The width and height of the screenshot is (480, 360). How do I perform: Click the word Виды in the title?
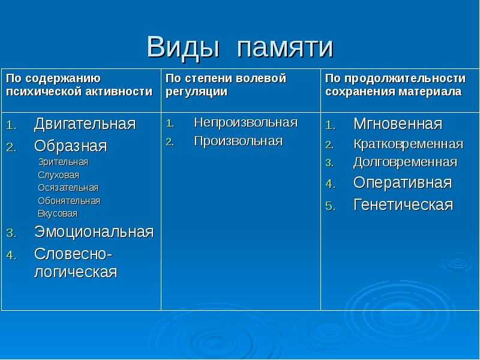pyautogui.click(x=183, y=47)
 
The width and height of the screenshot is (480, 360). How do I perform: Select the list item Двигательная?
pyautogui.click(x=85, y=124)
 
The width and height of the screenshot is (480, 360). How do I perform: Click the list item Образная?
pyautogui.click(x=71, y=146)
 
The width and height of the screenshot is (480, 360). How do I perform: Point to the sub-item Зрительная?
pyautogui.click(x=64, y=162)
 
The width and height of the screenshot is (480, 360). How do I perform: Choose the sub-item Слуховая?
pyautogui.click(x=58, y=175)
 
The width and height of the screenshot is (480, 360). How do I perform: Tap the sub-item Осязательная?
pyautogui.click(x=68, y=188)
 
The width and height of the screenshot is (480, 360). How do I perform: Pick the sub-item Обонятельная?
pyautogui.click(x=69, y=201)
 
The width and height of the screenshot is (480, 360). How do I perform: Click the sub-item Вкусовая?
pyautogui.click(x=58, y=214)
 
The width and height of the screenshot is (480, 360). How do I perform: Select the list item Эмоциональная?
pyautogui.click(x=94, y=232)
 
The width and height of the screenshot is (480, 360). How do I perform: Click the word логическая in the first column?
pyautogui.click(x=76, y=272)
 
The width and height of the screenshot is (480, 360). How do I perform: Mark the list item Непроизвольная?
pyautogui.click(x=246, y=123)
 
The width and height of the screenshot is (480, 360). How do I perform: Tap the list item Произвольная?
pyautogui.click(x=238, y=141)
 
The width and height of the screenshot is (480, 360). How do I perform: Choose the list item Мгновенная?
pyautogui.click(x=398, y=124)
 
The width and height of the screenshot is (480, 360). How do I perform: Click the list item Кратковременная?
pyautogui.click(x=409, y=144)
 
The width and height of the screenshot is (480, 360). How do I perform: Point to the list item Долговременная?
pyautogui.click(x=406, y=162)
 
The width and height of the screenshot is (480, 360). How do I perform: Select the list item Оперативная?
pyautogui.click(x=403, y=183)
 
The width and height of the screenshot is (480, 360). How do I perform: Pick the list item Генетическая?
pyautogui.click(x=403, y=205)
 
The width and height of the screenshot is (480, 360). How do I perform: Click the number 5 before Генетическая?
pyautogui.click(x=330, y=206)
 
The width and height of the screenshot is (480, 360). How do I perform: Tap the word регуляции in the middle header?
pyautogui.click(x=197, y=92)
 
